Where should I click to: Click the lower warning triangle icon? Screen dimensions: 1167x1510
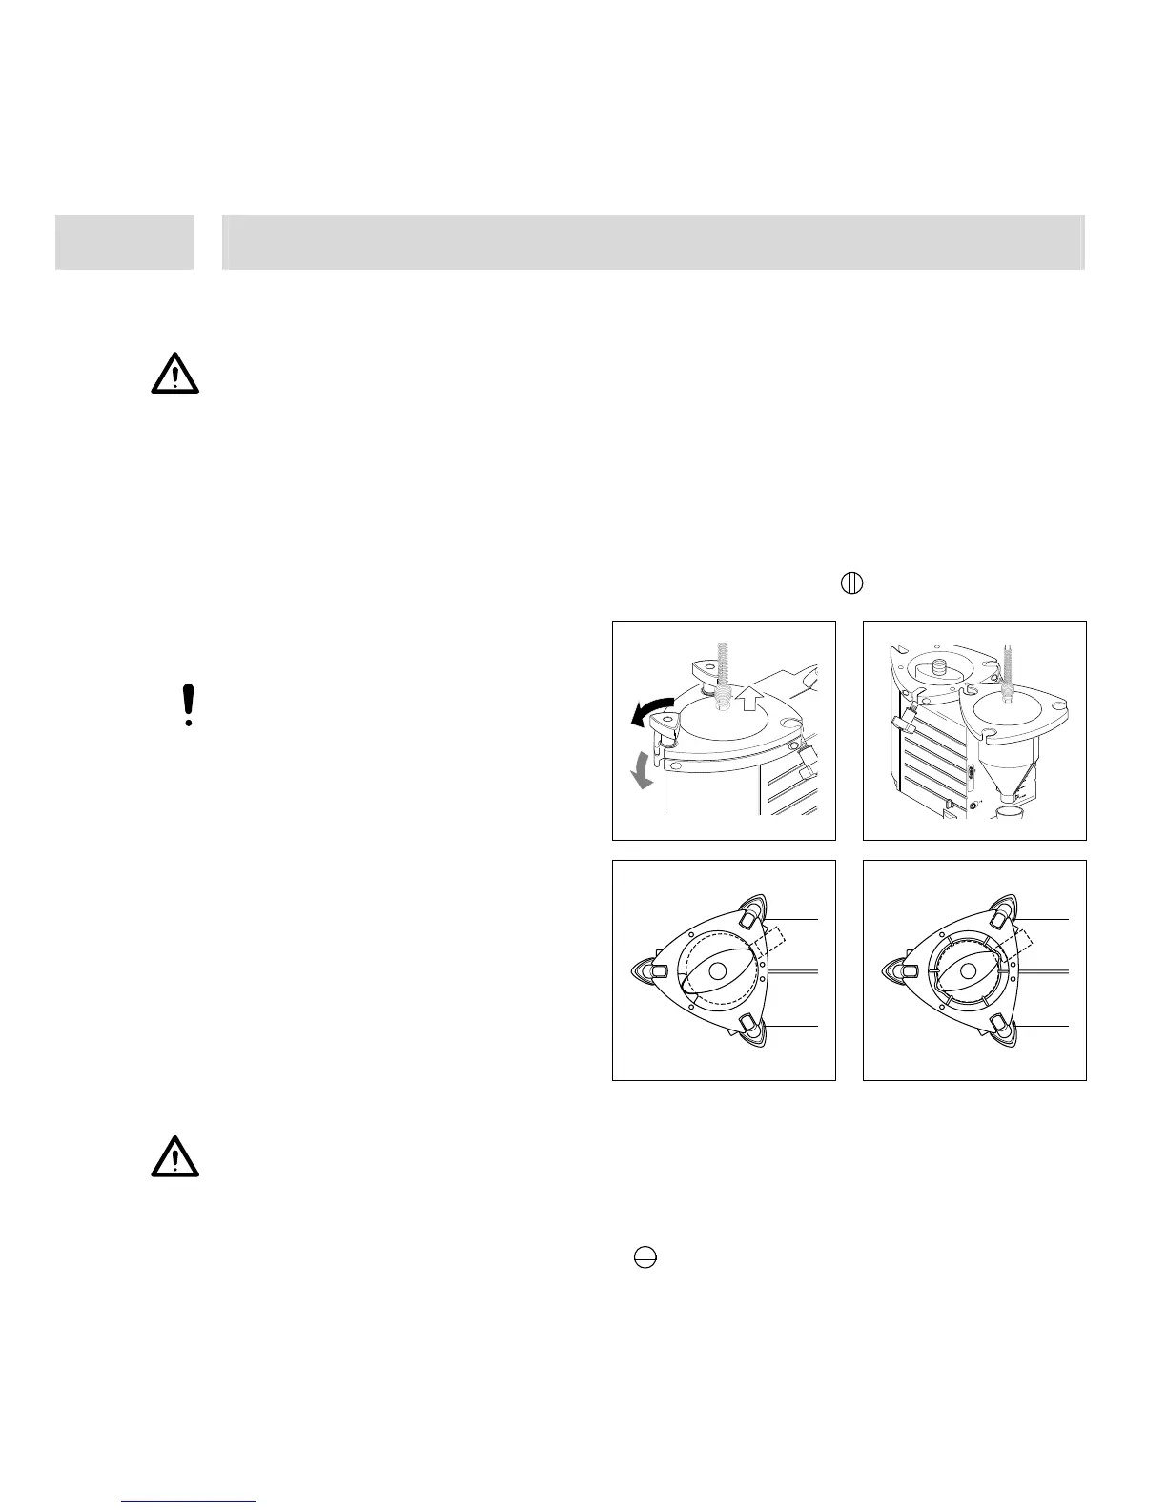pos(174,1158)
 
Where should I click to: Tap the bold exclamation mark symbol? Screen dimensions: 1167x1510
pos(189,705)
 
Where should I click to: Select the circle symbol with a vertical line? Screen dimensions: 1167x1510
pos(851,582)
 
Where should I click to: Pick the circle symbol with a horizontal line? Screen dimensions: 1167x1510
pos(645,1258)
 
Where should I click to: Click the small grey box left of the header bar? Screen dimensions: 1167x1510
pos(124,242)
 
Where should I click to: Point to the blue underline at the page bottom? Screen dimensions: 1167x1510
pos(190,1502)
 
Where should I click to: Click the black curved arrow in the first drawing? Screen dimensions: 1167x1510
pos(649,711)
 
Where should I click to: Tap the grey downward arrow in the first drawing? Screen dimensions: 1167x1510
pos(645,770)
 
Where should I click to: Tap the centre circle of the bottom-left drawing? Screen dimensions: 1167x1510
pos(718,970)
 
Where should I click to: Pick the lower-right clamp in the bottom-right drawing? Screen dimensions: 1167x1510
pos(1000,1025)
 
